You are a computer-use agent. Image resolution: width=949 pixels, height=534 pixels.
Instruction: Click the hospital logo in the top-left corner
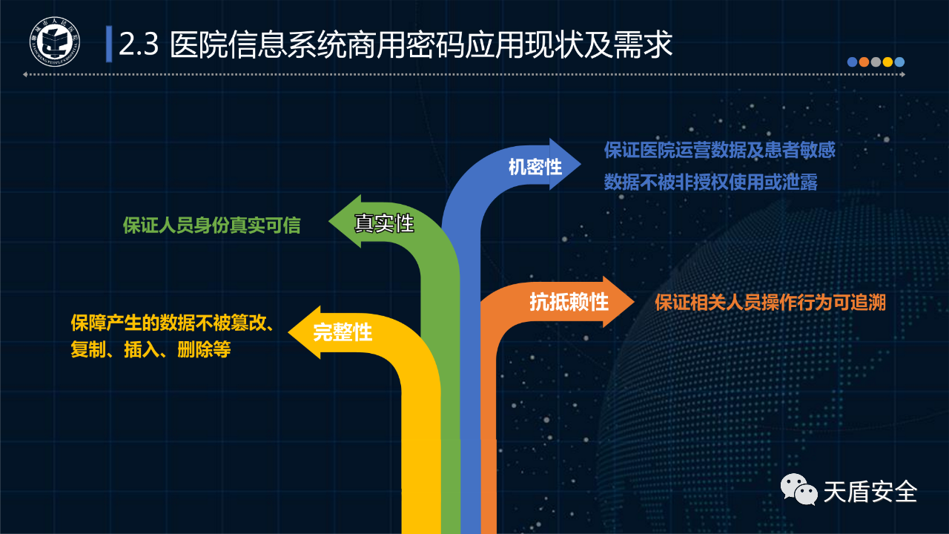[x=55, y=42]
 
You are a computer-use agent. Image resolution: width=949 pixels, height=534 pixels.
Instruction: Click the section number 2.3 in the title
[x=139, y=44]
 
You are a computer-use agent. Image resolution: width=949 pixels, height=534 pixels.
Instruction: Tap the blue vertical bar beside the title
[x=109, y=44]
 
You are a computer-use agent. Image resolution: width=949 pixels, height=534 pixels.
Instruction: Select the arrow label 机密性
[x=535, y=167]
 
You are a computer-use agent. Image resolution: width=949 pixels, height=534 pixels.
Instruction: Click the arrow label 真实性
[x=384, y=223]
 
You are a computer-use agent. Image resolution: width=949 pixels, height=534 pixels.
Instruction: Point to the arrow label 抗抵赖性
[x=569, y=302]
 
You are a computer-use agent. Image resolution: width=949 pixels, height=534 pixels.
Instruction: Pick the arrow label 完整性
[x=343, y=332]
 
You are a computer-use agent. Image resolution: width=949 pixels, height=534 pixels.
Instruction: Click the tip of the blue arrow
[x=581, y=164]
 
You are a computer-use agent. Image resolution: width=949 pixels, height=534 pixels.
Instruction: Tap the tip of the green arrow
[x=329, y=221]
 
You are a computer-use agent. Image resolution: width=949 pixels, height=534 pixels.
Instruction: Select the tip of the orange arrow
[x=634, y=302]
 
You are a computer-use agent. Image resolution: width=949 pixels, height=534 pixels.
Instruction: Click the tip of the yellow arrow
[x=288, y=332]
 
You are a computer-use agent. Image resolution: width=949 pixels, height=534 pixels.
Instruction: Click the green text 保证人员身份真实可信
[x=211, y=225]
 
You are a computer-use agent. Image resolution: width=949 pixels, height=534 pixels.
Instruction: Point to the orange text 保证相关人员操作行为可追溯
[x=770, y=303]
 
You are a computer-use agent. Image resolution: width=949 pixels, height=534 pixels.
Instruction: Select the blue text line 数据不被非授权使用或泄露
[x=710, y=182]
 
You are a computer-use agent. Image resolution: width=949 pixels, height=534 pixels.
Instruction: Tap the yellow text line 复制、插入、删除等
[x=151, y=349]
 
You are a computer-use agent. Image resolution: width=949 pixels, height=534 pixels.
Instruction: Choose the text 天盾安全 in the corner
[x=870, y=492]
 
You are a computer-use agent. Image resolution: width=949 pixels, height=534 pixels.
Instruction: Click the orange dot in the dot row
[x=864, y=62]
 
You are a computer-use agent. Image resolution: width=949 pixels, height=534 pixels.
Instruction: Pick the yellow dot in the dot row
[x=887, y=62]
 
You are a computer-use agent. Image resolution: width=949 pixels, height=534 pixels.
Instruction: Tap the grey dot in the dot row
[x=876, y=62]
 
